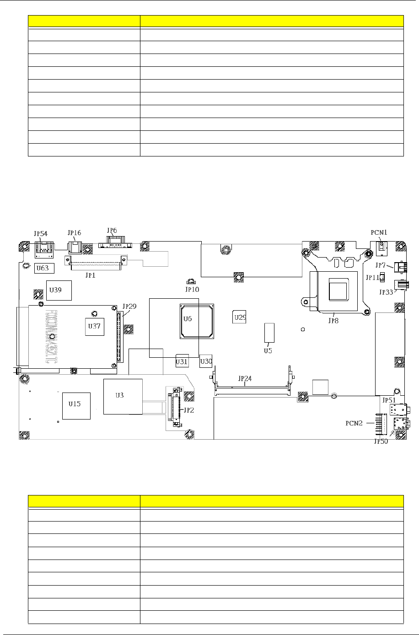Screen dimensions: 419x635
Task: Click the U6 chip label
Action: click(x=188, y=318)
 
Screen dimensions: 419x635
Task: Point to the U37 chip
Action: click(x=95, y=326)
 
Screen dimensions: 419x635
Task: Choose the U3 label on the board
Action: click(x=119, y=395)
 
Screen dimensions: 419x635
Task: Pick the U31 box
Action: click(x=182, y=361)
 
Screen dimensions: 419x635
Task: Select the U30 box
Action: click(x=206, y=361)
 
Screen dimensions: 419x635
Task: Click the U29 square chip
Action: click(x=240, y=317)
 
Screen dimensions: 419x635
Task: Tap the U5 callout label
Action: click(x=268, y=351)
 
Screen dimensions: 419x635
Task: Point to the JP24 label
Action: click(x=245, y=379)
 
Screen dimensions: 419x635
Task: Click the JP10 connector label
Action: click(x=192, y=289)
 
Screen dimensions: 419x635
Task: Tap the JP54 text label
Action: click(x=41, y=233)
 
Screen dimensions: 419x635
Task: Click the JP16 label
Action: click(x=74, y=232)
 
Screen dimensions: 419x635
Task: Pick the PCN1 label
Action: click(x=380, y=232)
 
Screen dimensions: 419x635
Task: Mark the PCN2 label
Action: click(x=354, y=423)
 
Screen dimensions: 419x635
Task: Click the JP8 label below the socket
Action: click(x=333, y=321)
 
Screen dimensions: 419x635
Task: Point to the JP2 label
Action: click(x=188, y=410)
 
